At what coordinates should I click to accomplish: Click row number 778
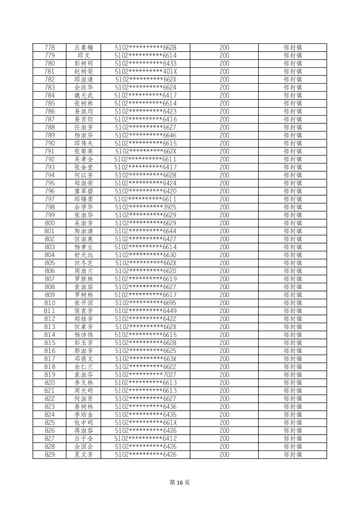(x=50, y=48)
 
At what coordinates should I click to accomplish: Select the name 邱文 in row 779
(x=84, y=56)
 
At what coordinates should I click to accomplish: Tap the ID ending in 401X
(x=145, y=72)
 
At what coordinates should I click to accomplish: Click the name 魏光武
(x=84, y=95)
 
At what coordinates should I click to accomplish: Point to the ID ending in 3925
(x=145, y=207)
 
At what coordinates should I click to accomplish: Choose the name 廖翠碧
(x=84, y=191)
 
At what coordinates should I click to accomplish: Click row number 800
(x=50, y=223)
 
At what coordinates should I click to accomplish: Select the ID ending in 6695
(x=145, y=303)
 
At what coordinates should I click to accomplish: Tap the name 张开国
(x=84, y=303)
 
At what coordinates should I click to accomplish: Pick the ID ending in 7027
(x=145, y=375)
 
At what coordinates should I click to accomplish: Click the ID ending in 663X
(x=145, y=359)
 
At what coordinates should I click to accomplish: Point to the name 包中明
(x=84, y=423)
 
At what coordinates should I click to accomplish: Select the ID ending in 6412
(x=145, y=439)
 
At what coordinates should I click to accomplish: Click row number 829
(x=50, y=454)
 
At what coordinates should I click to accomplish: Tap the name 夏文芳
(x=84, y=454)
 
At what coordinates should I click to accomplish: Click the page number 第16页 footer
(x=180, y=483)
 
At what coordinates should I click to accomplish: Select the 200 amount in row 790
(x=224, y=143)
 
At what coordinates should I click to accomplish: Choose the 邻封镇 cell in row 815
(x=293, y=343)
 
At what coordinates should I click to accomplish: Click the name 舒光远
(x=84, y=255)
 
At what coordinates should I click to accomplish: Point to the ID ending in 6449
(x=145, y=311)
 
